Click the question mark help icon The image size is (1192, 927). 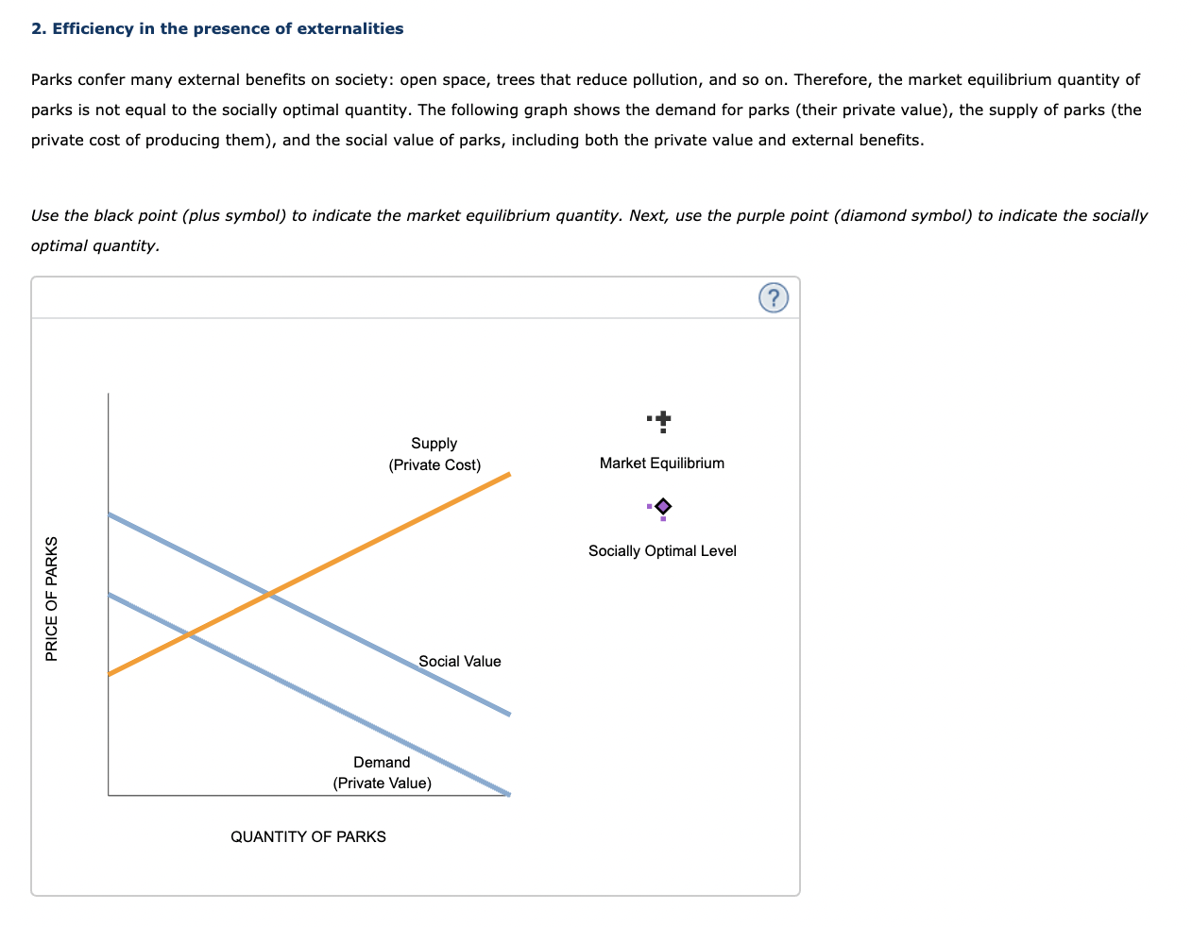[773, 298]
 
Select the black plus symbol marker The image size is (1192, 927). [663, 418]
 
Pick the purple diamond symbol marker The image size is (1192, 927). [663, 506]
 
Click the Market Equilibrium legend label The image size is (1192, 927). [661, 463]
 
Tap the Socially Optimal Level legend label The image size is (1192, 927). [661, 550]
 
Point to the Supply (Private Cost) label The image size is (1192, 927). [434, 454]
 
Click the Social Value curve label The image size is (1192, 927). [460, 661]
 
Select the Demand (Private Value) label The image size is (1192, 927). [382, 772]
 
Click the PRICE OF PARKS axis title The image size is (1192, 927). [52, 598]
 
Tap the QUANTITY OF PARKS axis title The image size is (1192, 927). [308, 836]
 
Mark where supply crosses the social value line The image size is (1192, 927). [270, 594]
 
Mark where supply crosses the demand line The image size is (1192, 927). [190, 633]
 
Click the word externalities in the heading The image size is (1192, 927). [350, 28]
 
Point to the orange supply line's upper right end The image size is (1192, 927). [509, 474]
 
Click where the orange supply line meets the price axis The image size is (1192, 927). [110, 673]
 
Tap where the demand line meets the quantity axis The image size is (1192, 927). [509, 794]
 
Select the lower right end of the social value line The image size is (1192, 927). [509, 714]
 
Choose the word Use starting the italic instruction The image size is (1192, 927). [44, 215]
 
